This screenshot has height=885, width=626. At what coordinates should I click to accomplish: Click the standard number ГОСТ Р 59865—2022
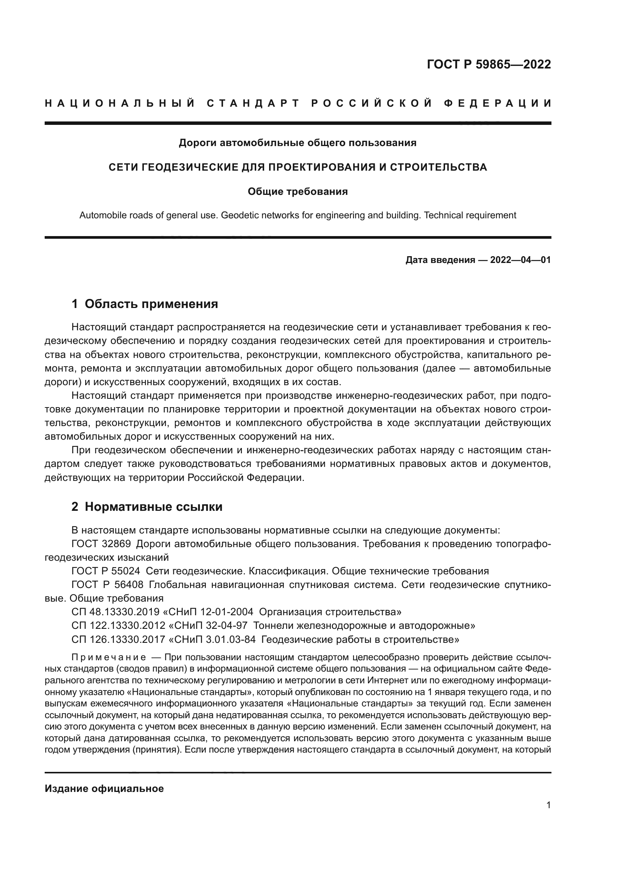[488, 64]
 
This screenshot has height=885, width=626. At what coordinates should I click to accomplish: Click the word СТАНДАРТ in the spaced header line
[253, 103]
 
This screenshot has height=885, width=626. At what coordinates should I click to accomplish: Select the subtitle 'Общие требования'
[297, 191]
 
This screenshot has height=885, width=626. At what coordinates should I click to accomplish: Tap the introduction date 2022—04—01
[520, 260]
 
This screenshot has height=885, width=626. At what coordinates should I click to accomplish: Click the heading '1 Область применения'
[145, 304]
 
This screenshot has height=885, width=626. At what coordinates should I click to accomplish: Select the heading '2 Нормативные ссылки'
[147, 507]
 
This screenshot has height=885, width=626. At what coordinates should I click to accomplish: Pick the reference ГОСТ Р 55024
[106, 571]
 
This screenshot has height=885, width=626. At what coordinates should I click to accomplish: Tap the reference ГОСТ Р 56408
[107, 585]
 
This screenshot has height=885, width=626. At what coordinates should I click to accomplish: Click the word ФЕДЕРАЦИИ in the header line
[498, 103]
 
